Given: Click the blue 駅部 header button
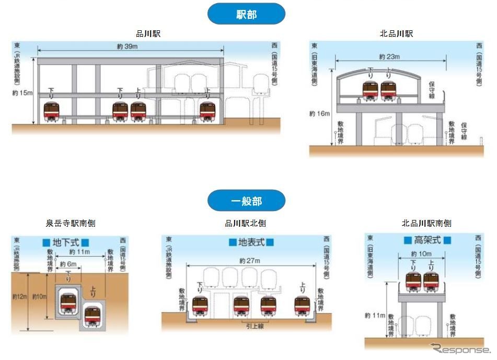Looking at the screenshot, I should click(x=246, y=14).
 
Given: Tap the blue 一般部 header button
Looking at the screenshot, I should click(x=246, y=201).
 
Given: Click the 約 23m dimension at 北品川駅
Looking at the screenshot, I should click(x=389, y=56).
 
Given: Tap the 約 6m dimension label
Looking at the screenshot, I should click(x=68, y=264).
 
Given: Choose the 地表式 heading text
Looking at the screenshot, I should click(x=251, y=242).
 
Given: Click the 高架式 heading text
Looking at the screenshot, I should click(x=427, y=240).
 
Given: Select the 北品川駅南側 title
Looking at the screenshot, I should click(x=426, y=224).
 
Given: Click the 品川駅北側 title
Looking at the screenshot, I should click(x=245, y=224).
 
